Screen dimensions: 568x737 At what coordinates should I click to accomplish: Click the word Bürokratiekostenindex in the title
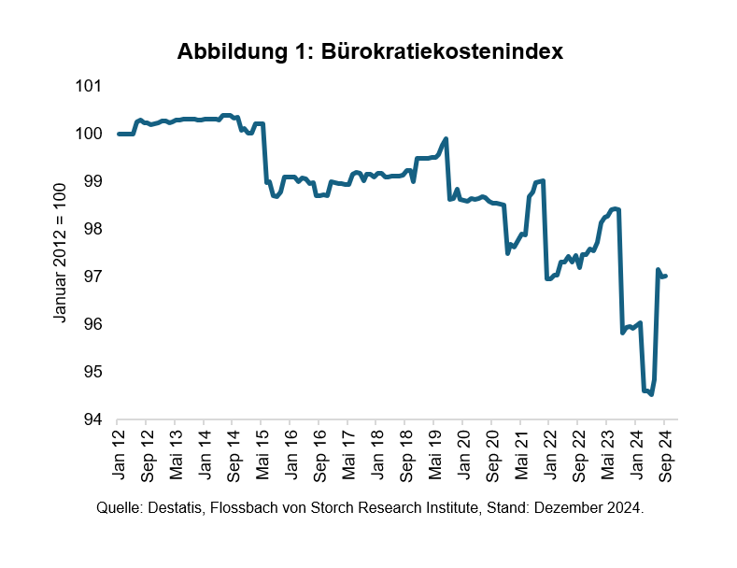point(443,52)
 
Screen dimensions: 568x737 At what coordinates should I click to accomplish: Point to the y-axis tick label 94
point(92,419)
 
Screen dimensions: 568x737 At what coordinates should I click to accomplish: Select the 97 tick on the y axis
point(92,277)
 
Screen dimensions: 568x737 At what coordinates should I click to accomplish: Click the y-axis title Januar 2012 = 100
point(61,253)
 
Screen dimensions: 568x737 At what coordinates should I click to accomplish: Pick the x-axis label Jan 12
point(120,456)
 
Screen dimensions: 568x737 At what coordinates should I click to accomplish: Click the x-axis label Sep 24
point(665,456)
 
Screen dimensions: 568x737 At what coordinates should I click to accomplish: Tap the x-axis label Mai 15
point(263,456)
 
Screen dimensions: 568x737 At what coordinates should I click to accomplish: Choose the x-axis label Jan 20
point(464,456)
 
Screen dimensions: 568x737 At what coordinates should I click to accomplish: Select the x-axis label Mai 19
point(435,456)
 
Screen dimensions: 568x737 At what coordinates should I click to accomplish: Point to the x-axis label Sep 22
point(579,456)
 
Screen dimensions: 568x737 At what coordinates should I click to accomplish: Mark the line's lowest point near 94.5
point(651,394)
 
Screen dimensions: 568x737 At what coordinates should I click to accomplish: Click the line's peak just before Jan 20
point(446,139)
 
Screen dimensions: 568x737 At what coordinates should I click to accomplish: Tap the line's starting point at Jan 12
point(119,134)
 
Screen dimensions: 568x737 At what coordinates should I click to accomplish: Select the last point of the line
point(665,276)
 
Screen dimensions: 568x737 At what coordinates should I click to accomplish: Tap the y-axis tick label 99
point(92,181)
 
